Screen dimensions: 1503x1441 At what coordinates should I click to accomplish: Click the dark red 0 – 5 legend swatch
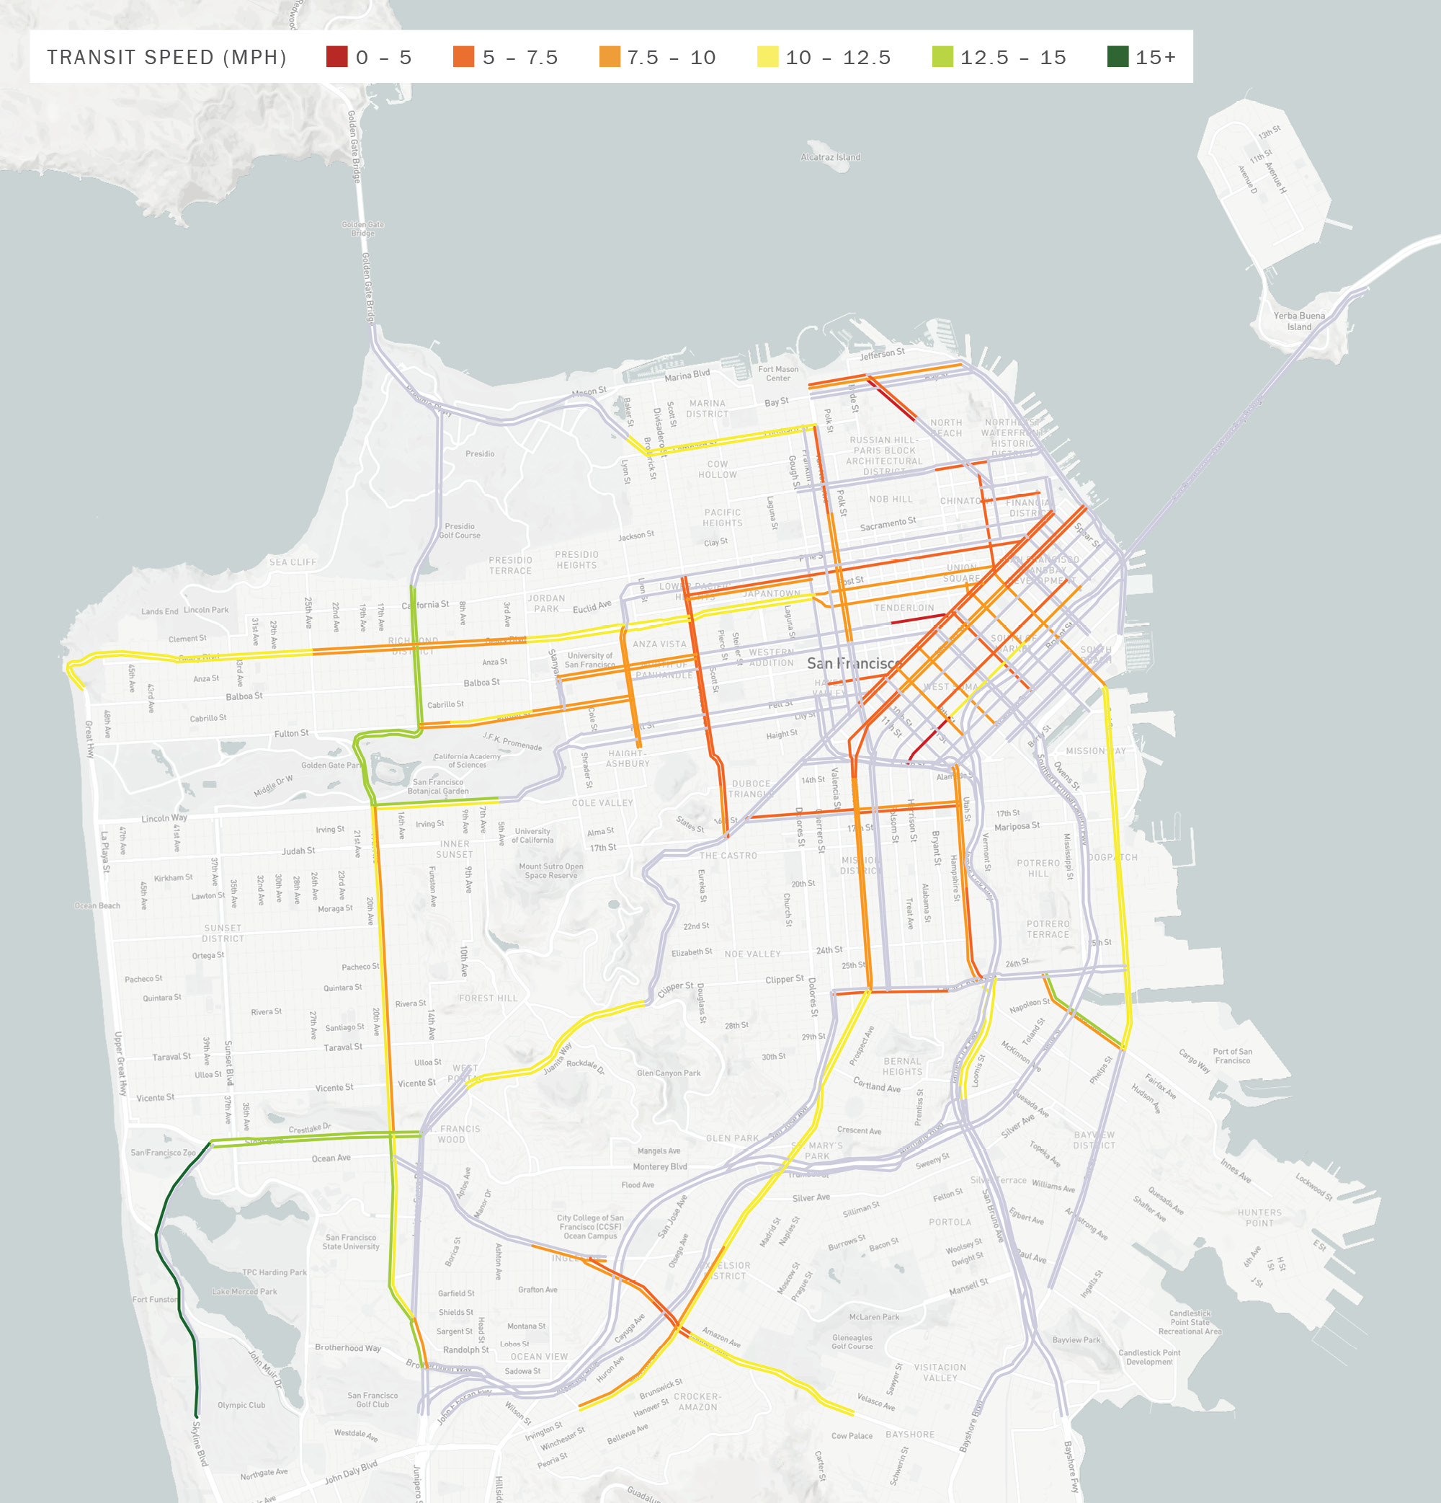pyautogui.click(x=336, y=57)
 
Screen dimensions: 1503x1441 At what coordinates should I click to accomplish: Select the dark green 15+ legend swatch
pyautogui.click(x=1117, y=57)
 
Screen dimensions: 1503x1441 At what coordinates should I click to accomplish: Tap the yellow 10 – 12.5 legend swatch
pyautogui.click(x=767, y=57)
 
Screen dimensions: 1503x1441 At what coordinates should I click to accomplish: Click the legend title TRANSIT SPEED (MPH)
pyautogui.click(x=166, y=58)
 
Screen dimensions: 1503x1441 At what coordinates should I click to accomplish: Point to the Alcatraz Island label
pyautogui.click(x=830, y=157)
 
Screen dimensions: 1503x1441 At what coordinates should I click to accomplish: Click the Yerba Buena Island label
pyautogui.click(x=1298, y=322)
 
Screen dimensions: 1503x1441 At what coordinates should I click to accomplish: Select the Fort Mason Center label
pyautogui.click(x=777, y=373)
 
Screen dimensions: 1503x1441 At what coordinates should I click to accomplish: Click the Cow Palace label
pyautogui.click(x=852, y=1435)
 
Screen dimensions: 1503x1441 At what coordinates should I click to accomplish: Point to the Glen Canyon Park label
pyautogui.click(x=669, y=1073)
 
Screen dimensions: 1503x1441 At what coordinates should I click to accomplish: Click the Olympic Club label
pyautogui.click(x=241, y=1405)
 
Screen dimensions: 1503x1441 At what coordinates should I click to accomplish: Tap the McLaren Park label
pyautogui.click(x=874, y=1317)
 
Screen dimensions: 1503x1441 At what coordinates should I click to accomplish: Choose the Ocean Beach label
pyautogui.click(x=97, y=905)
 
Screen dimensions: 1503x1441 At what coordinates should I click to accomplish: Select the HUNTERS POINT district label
pyautogui.click(x=1259, y=1218)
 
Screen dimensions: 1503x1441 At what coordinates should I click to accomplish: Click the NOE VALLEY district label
pyautogui.click(x=752, y=954)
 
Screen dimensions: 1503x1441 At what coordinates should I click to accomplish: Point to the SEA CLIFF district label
pyautogui.click(x=292, y=562)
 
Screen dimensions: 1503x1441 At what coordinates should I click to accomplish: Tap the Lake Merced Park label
pyautogui.click(x=244, y=1291)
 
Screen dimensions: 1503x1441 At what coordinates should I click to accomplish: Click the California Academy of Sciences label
pyautogui.click(x=467, y=760)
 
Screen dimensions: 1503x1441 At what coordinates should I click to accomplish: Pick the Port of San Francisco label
pyautogui.click(x=1232, y=1056)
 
